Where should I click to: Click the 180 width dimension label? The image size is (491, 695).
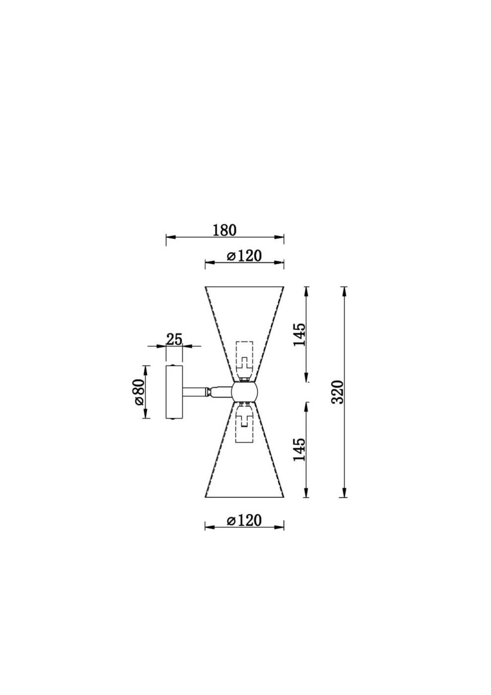coord(224,230)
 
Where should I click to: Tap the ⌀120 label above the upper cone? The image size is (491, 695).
coord(244,256)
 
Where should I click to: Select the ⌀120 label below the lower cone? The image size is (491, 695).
coord(244,520)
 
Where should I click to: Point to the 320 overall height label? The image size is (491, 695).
coord(338,392)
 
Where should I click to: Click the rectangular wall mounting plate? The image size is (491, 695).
coord(174,392)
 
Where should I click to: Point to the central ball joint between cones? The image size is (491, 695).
coord(244,392)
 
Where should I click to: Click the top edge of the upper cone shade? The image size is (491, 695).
coord(244,286)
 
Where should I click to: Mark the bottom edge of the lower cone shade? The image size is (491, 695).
coord(244,497)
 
